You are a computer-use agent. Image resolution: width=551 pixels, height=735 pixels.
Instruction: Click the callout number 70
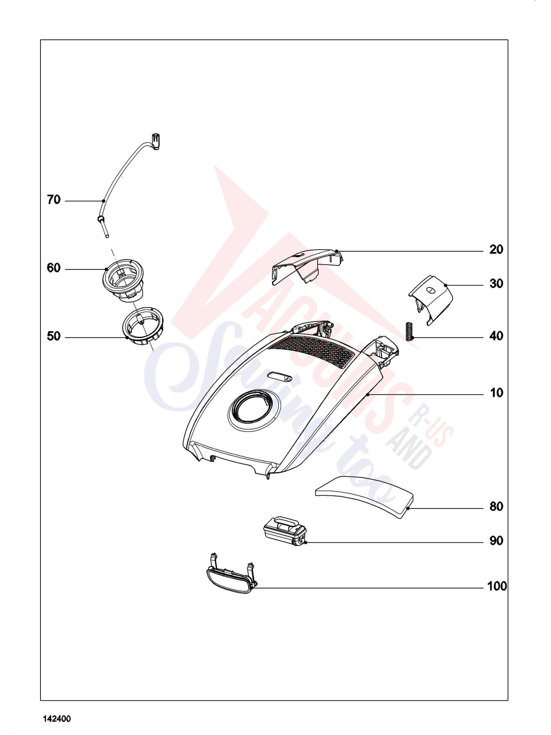[x=54, y=200]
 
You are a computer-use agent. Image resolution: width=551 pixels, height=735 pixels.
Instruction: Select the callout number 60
[x=54, y=268]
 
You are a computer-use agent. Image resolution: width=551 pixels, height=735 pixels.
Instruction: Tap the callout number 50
[x=54, y=336]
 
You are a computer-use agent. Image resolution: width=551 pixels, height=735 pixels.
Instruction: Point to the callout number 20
[x=496, y=250]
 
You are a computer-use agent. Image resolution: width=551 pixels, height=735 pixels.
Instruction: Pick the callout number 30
[x=496, y=284]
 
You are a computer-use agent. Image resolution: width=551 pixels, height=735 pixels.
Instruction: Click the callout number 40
[x=496, y=336]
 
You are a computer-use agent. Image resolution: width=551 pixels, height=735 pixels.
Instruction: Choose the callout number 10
[x=496, y=393]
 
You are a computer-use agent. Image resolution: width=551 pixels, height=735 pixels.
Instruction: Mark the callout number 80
[x=496, y=507]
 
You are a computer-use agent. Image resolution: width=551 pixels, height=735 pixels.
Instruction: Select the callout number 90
[x=496, y=541]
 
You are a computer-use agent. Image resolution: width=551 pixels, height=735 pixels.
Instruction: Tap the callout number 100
[x=497, y=587]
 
